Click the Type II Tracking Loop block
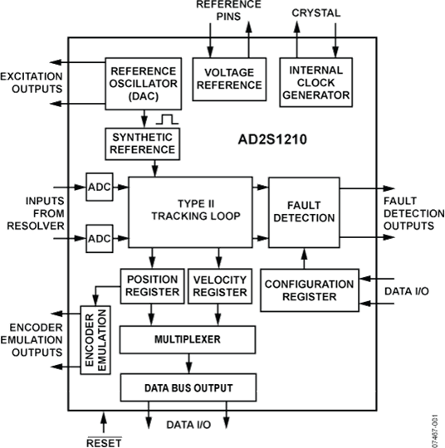click(189, 210)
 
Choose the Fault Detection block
click(304, 211)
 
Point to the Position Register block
click(152, 286)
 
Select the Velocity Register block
click(219, 286)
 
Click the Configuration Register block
click(310, 290)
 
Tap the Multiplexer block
click(187, 338)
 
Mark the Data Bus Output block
click(187, 387)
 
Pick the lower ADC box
click(98, 240)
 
